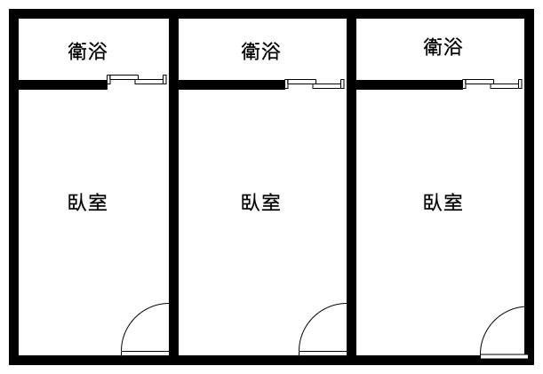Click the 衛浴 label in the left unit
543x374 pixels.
tap(87, 51)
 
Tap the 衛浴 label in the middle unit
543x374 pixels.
tap(260, 51)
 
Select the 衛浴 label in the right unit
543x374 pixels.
tap(443, 46)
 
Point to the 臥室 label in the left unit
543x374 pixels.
tap(87, 202)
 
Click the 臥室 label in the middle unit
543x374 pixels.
tap(260, 202)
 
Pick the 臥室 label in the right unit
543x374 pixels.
tap(443, 202)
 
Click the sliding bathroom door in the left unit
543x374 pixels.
tap(137, 81)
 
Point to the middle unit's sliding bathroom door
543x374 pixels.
tap(315, 84)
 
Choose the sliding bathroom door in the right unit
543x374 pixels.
tap(492, 84)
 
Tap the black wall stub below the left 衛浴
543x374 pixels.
tap(62, 85)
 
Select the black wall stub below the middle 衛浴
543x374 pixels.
tap(231, 85)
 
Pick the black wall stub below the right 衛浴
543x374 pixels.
tap(409, 85)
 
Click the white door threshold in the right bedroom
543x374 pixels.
tap(503, 357)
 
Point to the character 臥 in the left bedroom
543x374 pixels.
tap(76, 202)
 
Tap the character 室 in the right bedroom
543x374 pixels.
tap(453, 202)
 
